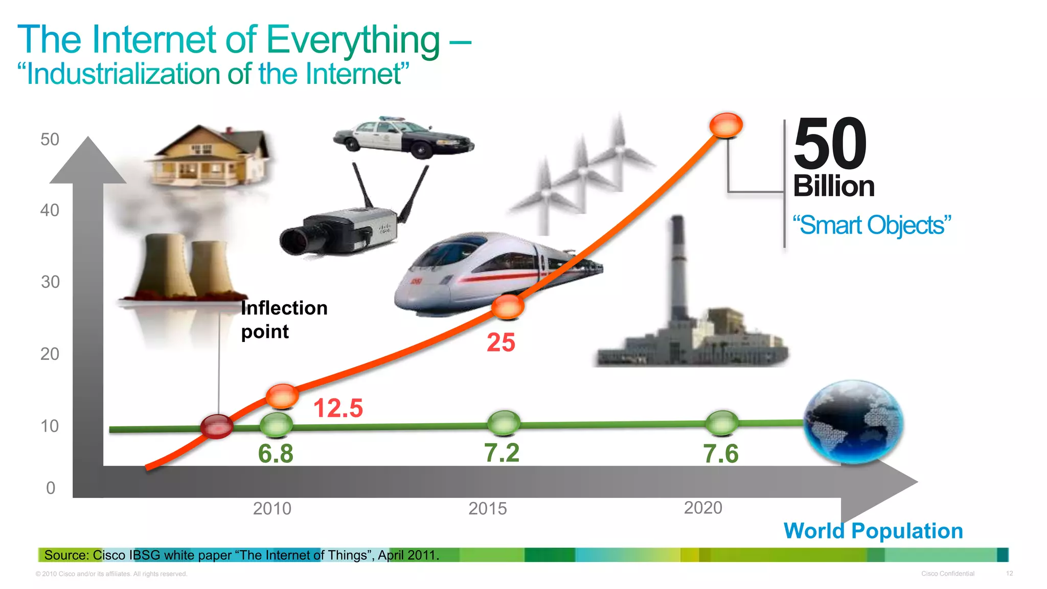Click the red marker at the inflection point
click(x=217, y=426)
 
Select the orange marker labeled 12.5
click(x=282, y=396)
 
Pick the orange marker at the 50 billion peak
click(x=726, y=125)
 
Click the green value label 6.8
click(x=276, y=454)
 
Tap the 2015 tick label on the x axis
click(x=487, y=509)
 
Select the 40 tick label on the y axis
click(x=50, y=210)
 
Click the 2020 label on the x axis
click(x=703, y=508)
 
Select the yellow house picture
click(x=210, y=156)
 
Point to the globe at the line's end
click(x=853, y=422)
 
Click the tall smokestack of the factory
click(x=678, y=266)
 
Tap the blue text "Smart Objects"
click(x=872, y=225)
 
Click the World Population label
click(x=873, y=531)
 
